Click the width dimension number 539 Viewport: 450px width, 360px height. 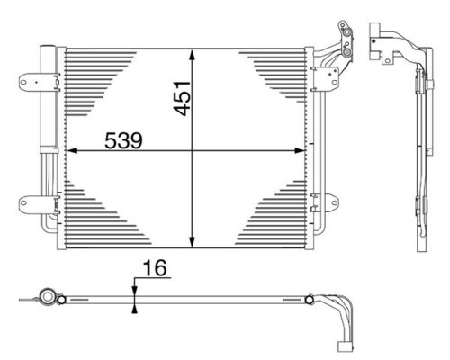click(124, 142)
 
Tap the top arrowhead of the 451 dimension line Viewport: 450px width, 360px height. click(192, 53)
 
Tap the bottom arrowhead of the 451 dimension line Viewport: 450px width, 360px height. click(192, 241)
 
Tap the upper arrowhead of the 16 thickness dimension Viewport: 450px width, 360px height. click(133, 286)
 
